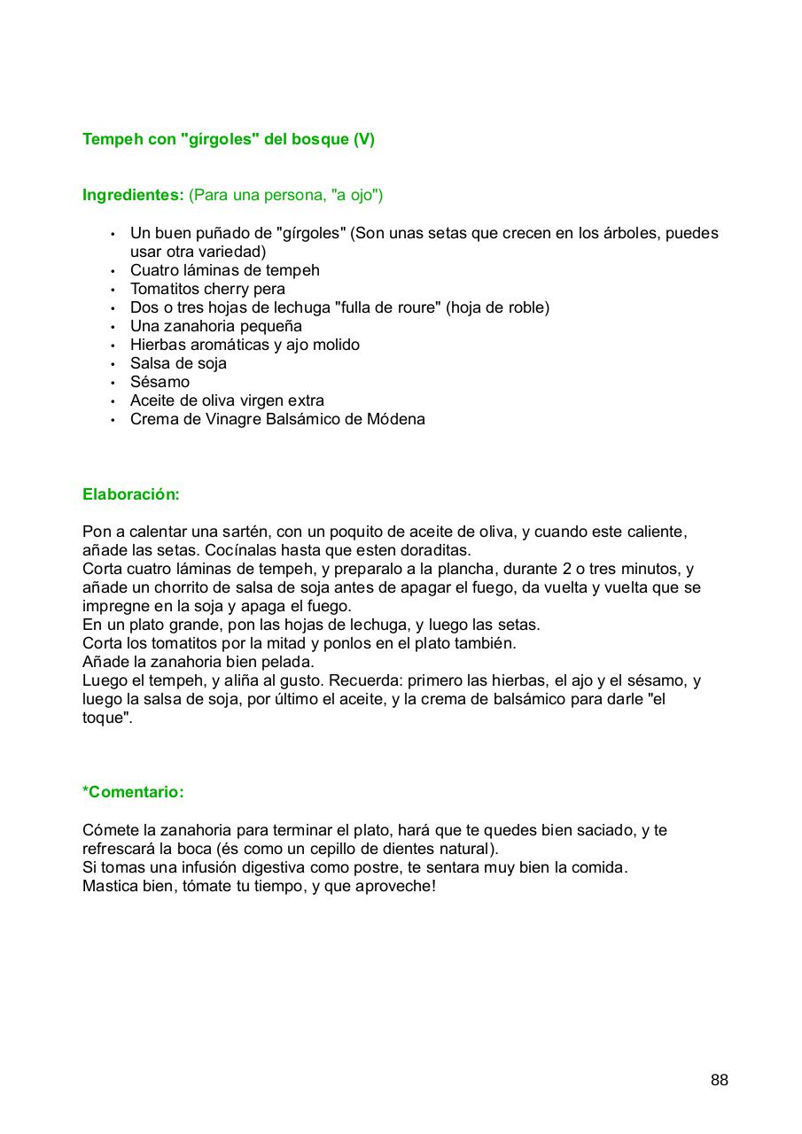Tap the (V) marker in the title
click(x=363, y=139)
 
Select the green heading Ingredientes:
click(x=133, y=195)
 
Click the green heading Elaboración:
click(x=131, y=494)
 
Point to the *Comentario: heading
click(x=133, y=792)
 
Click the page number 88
click(x=719, y=1080)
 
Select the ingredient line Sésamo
click(x=160, y=382)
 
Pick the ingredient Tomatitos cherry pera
click(x=207, y=289)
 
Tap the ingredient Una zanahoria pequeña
click(x=216, y=326)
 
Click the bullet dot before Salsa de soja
click(x=113, y=364)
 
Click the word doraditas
click(x=432, y=550)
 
